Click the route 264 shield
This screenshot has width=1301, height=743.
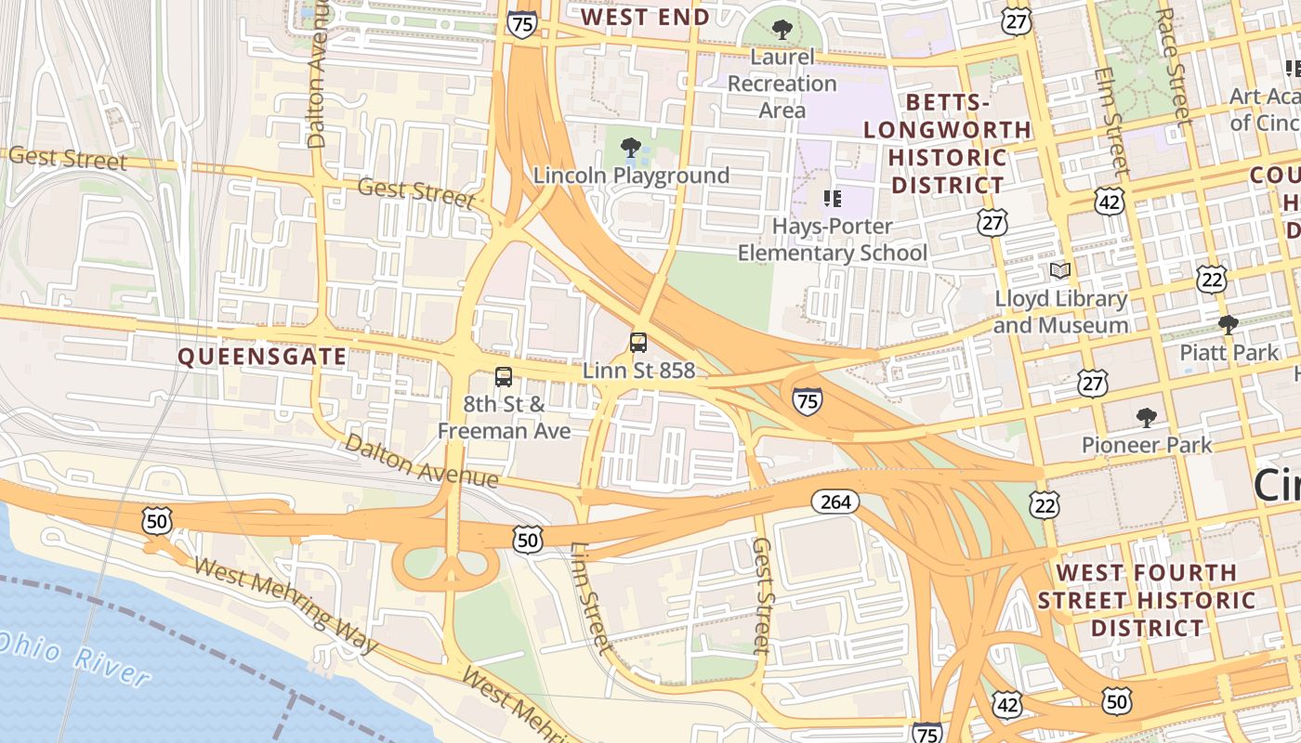(x=835, y=502)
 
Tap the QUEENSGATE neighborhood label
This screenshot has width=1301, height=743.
(x=262, y=357)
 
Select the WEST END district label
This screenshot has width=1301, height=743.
(x=645, y=17)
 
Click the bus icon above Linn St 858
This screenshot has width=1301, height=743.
(x=638, y=342)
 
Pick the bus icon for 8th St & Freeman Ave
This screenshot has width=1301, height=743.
(x=504, y=377)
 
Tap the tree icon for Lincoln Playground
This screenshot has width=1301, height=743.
(x=631, y=147)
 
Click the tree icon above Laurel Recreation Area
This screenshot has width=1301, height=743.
(x=782, y=30)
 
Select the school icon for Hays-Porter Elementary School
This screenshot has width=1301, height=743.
(x=833, y=198)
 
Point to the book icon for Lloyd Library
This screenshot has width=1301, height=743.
(x=1059, y=270)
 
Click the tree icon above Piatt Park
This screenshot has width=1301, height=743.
(x=1228, y=324)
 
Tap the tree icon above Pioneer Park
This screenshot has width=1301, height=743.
(x=1147, y=417)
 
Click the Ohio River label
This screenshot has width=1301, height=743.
(x=74, y=659)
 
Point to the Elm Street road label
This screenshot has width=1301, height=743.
(x=1110, y=121)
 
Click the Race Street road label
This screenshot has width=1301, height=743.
(x=1173, y=65)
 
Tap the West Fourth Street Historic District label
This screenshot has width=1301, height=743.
(x=1147, y=600)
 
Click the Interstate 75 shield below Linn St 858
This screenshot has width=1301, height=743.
(x=807, y=401)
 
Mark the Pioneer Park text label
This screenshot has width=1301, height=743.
(x=1147, y=445)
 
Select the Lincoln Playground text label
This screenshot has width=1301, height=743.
(x=631, y=176)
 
